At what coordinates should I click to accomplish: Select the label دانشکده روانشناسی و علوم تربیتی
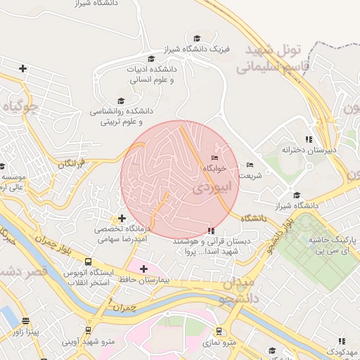point(121,116)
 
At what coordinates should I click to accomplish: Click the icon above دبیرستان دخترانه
point(309,139)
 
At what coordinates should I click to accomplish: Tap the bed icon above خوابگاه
point(215,158)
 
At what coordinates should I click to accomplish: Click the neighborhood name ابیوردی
point(209,188)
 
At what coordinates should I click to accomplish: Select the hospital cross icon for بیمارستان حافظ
point(143,269)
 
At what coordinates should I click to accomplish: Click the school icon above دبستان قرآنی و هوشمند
point(211,230)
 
